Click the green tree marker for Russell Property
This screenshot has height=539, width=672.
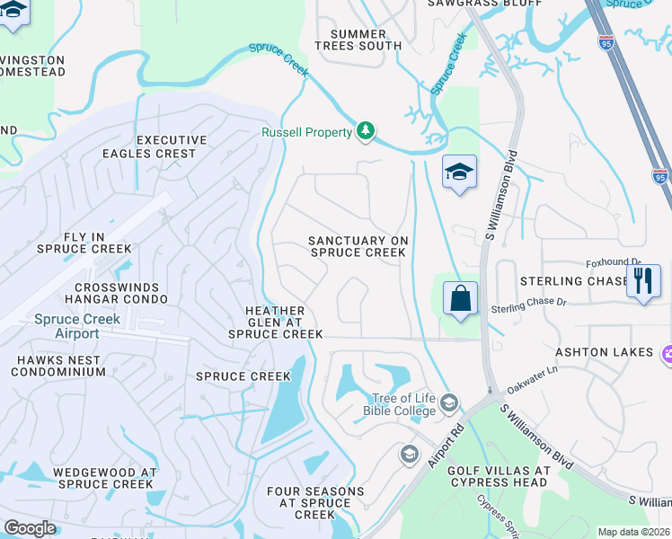[365, 132]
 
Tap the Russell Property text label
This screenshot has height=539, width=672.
[306, 133]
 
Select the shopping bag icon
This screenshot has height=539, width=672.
[460, 298]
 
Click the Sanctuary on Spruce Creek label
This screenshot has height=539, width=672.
[358, 247]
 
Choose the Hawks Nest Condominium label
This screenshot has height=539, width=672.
[61, 367]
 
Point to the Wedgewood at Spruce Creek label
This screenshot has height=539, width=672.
[105, 478]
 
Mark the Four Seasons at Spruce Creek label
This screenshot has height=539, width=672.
[315, 503]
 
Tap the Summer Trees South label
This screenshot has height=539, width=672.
[358, 40]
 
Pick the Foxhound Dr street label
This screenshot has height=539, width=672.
[614, 262]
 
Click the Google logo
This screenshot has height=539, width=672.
[30, 528]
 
